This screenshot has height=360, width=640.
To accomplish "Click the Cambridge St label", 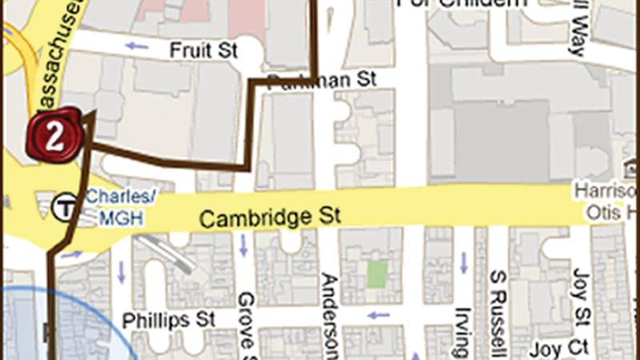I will (270, 217).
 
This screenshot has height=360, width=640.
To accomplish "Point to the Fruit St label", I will (204, 50).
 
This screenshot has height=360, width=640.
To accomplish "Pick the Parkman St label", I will (321, 80).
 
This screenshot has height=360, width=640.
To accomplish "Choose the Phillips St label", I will (170, 319).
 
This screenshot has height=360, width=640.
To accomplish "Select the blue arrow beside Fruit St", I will (137, 46).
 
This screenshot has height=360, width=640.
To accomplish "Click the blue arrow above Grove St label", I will (243, 250).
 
